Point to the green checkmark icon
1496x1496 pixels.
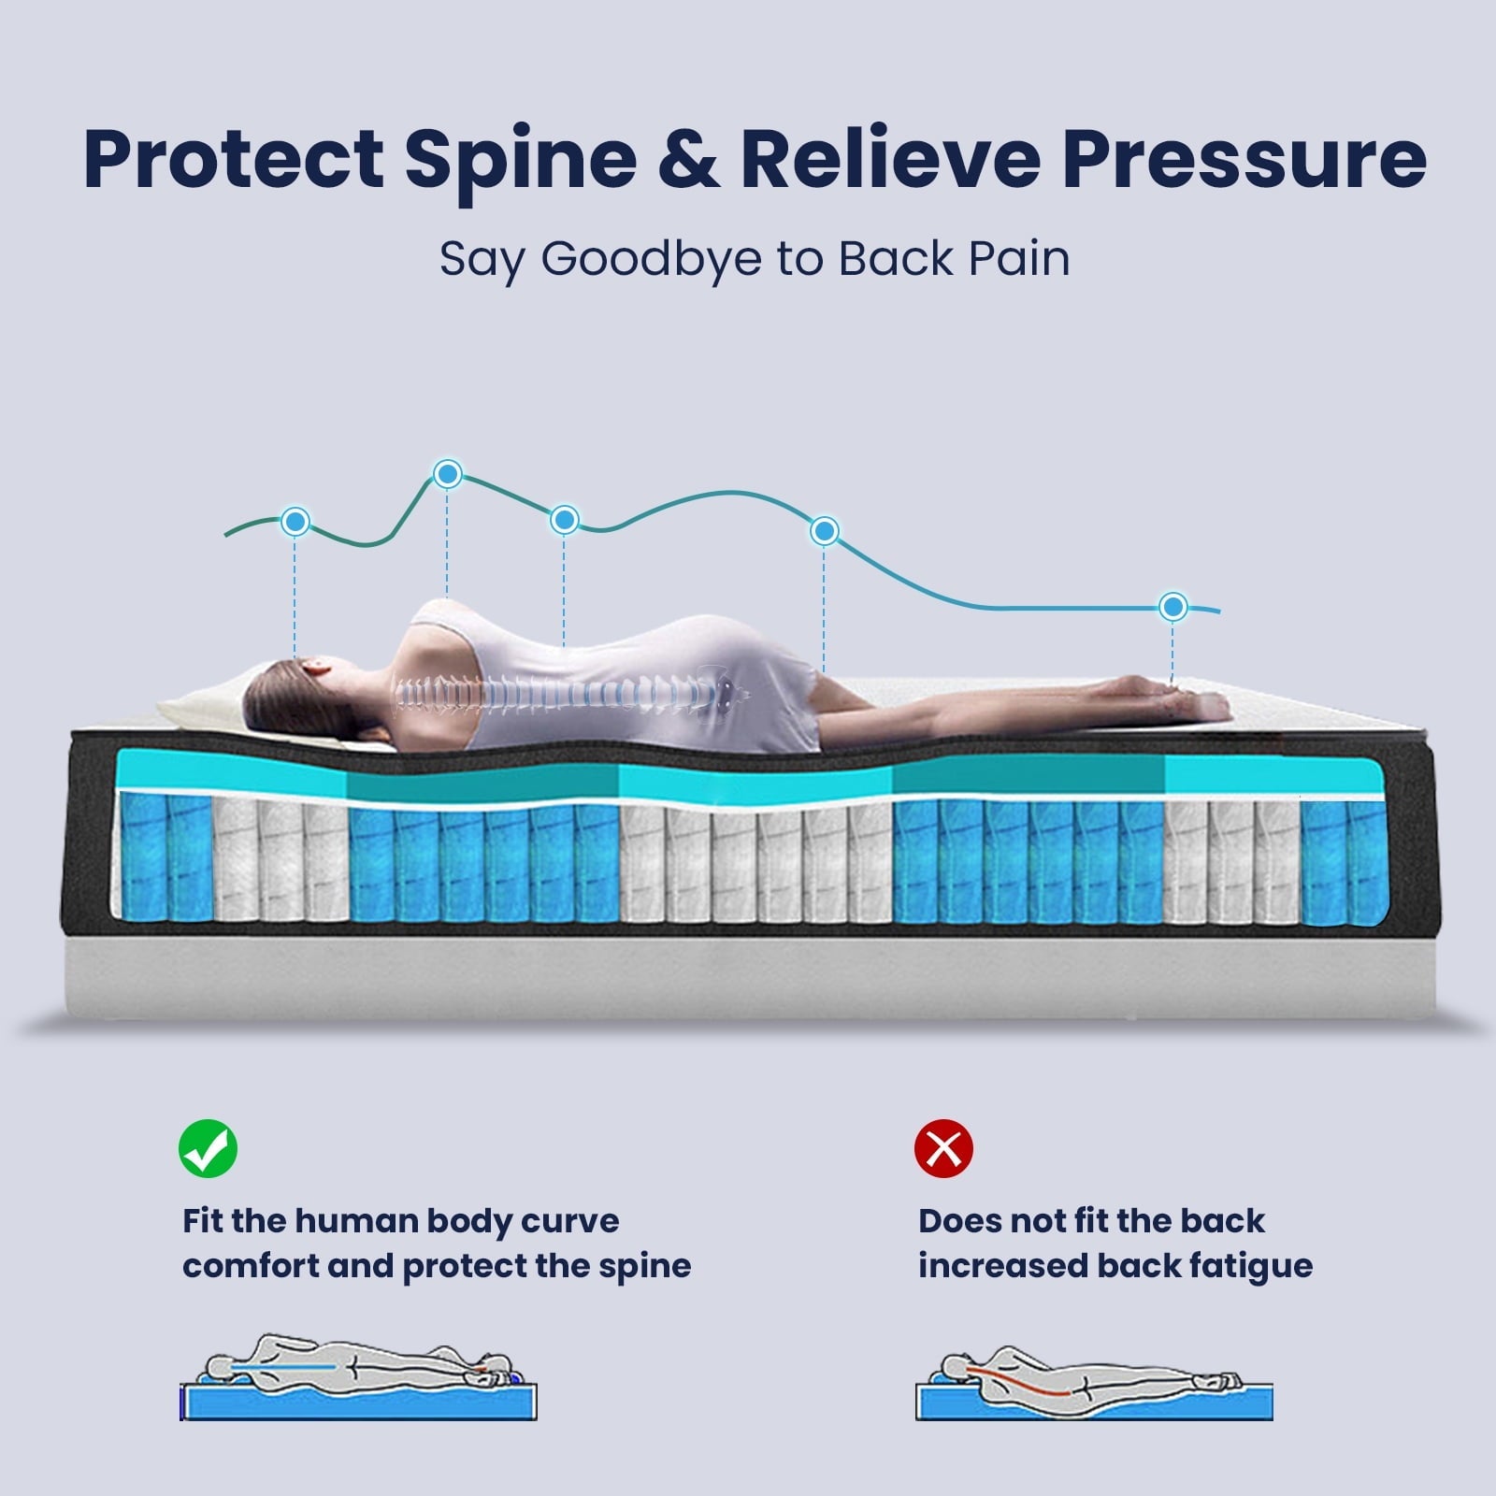pos(208,1148)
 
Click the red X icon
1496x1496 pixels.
pos(943,1148)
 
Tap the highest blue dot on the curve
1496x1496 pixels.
pos(448,474)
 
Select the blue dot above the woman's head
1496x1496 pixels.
pos(295,522)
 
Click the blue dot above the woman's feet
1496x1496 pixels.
pos(1172,607)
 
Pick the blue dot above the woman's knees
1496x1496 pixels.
pos(824,531)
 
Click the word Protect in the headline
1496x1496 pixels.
pos(234,159)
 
